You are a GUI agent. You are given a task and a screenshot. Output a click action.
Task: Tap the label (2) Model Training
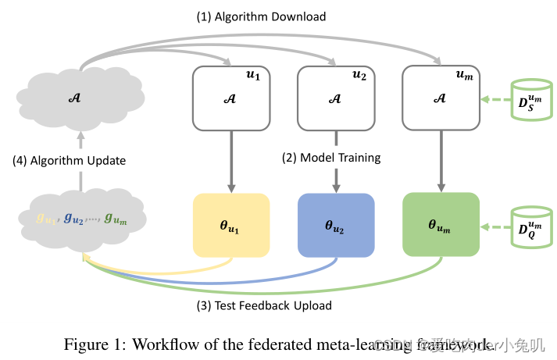coord(331,158)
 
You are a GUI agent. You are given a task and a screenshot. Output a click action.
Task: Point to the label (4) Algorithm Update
coord(70,161)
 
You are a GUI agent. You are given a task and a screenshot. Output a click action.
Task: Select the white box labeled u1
coord(231,98)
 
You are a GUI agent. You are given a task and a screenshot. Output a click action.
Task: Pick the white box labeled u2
coord(336,98)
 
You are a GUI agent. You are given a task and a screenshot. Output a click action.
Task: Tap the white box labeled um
coord(440,98)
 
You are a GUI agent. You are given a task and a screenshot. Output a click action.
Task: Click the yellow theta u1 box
coord(231,225)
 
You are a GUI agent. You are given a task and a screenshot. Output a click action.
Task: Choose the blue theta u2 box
coord(336,225)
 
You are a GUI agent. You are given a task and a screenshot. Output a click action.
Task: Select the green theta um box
coord(440,225)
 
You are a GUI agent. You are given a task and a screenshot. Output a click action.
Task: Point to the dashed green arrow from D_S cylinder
coord(495,100)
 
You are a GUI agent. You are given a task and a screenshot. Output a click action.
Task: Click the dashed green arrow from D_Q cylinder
coord(495,227)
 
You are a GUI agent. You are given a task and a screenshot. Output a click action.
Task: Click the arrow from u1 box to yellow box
coord(231,161)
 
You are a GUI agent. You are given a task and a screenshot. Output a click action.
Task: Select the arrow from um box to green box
coord(440,161)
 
